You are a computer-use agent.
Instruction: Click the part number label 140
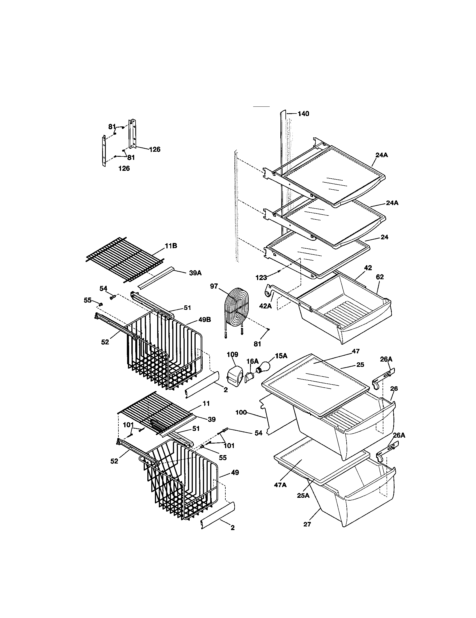click(x=303, y=114)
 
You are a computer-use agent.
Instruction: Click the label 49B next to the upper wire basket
click(x=204, y=320)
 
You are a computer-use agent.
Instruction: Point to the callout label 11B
click(x=171, y=246)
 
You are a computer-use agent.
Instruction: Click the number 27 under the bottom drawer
click(x=307, y=524)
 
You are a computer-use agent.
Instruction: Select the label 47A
click(x=280, y=485)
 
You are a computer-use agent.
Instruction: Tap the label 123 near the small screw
click(x=261, y=278)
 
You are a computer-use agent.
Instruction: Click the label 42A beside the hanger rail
click(x=265, y=306)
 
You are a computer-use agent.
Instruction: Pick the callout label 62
click(x=380, y=277)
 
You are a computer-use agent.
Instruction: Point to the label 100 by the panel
click(x=241, y=413)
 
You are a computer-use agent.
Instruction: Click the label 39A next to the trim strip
click(x=195, y=273)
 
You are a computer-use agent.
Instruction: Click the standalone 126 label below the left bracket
click(x=124, y=168)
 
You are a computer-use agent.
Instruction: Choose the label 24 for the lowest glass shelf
click(x=384, y=237)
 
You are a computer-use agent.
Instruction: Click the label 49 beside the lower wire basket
click(x=235, y=472)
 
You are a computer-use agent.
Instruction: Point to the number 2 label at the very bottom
click(x=232, y=528)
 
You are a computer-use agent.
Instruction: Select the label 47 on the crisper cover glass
click(x=355, y=351)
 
